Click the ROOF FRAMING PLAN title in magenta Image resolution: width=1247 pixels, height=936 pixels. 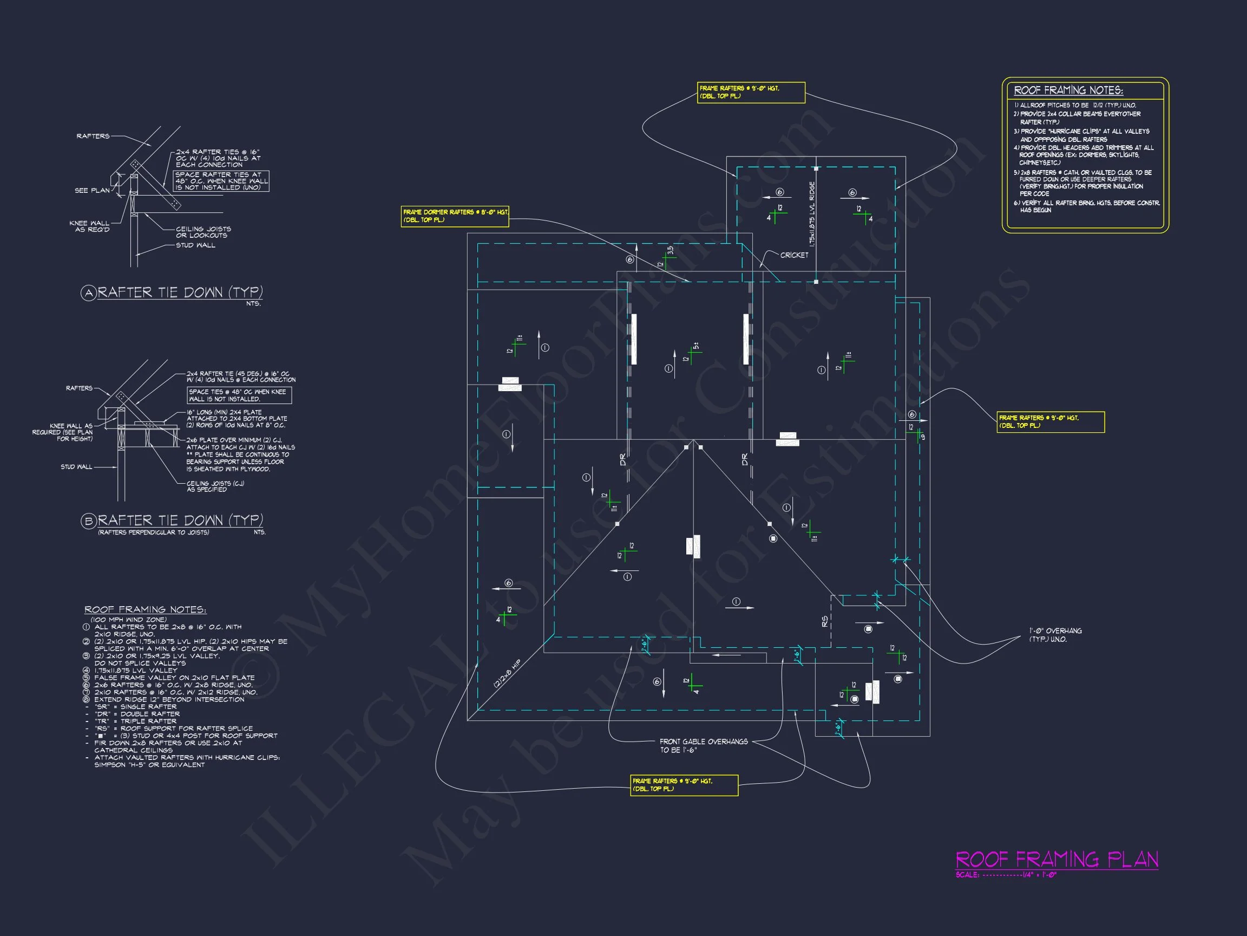click(x=1056, y=859)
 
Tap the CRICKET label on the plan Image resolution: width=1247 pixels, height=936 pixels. click(x=794, y=255)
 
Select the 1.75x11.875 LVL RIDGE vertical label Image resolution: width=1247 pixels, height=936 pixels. click(x=812, y=213)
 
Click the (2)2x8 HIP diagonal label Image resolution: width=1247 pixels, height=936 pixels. click(x=507, y=673)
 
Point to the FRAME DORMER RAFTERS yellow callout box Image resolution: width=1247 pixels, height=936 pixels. click(x=455, y=216)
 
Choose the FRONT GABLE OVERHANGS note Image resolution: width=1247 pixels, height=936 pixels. click(x=704, y=745)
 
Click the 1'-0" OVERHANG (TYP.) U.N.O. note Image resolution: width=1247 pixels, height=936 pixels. click(x=1055, y=635)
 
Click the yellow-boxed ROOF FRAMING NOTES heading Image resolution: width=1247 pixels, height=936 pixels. click(x=1068, y=90)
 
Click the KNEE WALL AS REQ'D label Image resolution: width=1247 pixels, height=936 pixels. click(x=90, y=226)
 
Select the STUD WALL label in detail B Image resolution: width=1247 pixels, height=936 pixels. click(x=76, y=466)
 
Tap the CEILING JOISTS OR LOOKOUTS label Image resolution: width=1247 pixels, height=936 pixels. click(x=203, y=232)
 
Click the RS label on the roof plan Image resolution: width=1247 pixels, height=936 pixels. click(x=825, y=621)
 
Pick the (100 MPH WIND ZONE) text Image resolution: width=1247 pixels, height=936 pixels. click(x=128, y=620)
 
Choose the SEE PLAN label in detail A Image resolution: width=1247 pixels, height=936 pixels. click(x=92, y=190)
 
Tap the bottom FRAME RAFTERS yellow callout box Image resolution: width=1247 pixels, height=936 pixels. click(x=684, y=785)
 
